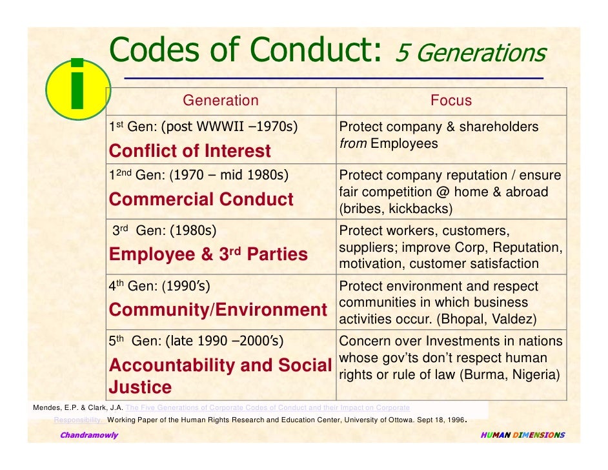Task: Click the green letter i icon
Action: [77, 87]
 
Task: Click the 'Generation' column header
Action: [220, 101]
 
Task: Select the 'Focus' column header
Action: [451, 101]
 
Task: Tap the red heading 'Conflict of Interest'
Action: [190, 151]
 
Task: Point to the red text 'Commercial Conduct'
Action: [201, 199]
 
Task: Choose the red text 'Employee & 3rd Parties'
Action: [208, 254]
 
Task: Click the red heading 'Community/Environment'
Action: [218, 310]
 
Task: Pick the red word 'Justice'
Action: [140, 387]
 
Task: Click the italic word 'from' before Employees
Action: [353, 143]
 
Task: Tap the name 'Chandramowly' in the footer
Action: [89, 435]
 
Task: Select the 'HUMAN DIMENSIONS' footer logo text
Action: [522, 435]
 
